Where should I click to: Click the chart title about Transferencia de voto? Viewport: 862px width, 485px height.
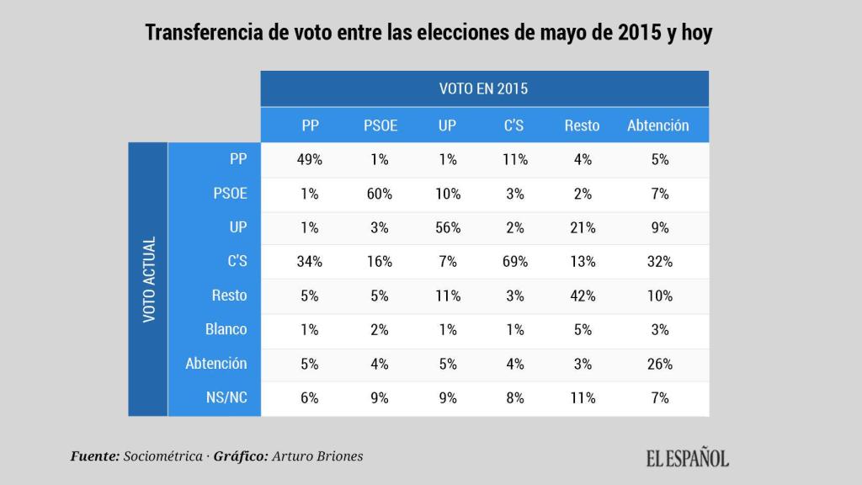430,33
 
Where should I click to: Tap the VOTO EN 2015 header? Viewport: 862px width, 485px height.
484,88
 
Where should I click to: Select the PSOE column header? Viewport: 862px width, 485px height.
380,125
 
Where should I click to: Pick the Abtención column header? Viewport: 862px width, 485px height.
657,125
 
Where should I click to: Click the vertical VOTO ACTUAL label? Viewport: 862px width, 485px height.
149,280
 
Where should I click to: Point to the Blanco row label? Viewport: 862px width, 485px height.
226,330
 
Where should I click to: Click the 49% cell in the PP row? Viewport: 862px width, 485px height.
310,159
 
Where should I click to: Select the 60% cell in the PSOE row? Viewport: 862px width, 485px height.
380,194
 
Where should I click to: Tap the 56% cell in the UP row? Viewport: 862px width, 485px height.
448,227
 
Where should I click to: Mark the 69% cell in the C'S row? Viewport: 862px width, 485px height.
514,262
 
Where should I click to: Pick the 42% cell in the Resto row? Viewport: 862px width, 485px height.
582,296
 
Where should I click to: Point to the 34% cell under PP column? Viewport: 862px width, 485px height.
310,262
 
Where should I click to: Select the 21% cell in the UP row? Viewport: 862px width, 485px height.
582,227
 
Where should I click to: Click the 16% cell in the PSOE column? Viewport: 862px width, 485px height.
380,262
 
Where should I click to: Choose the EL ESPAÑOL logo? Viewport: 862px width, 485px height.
688,458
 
